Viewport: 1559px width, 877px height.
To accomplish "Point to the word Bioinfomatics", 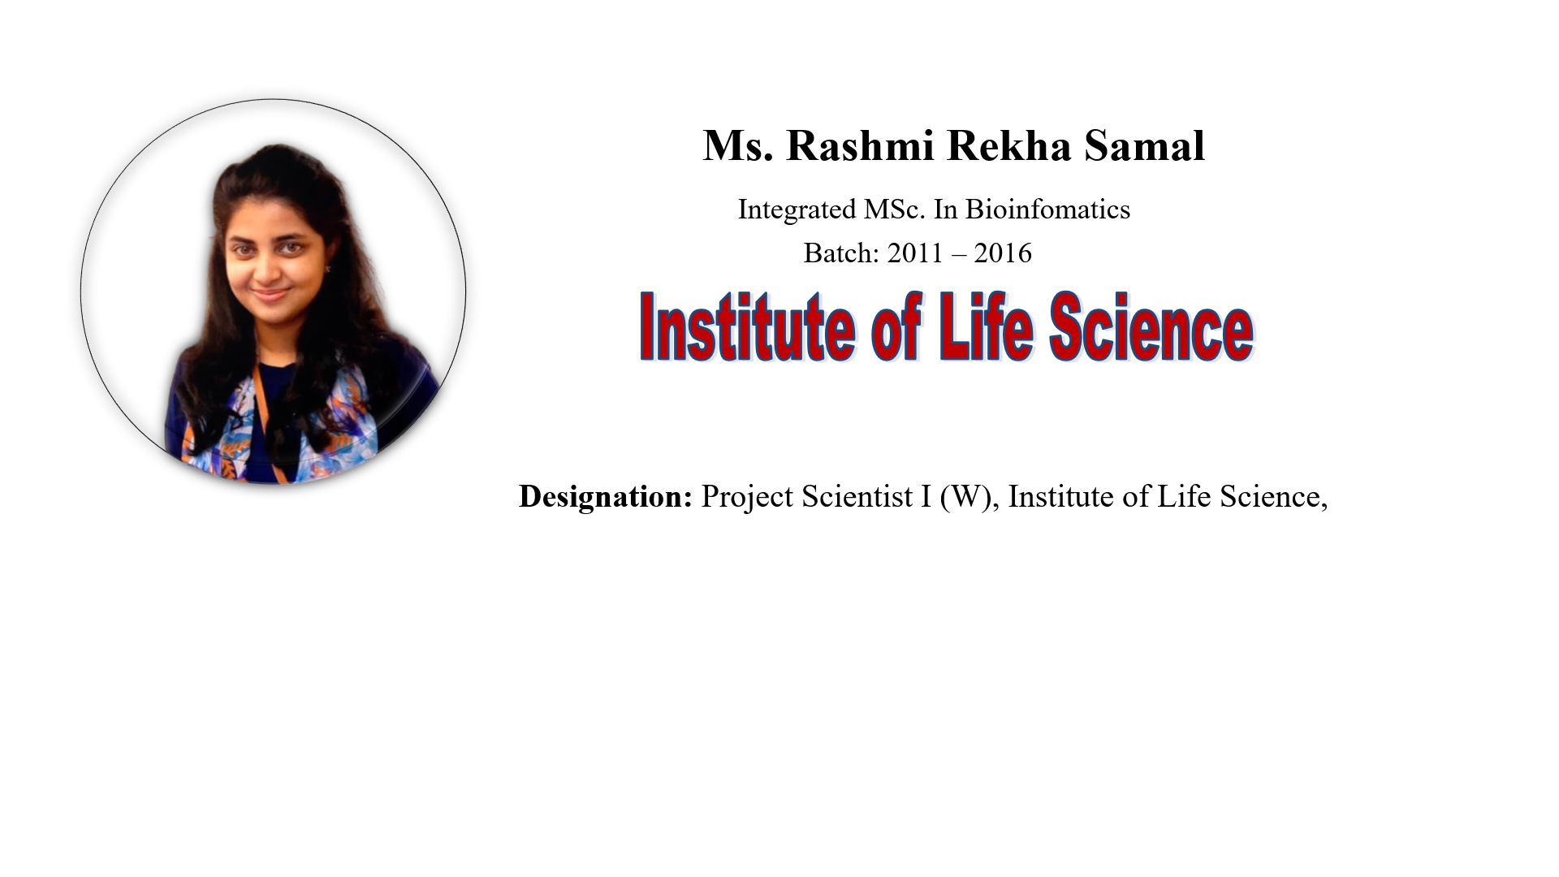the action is point(1047,210).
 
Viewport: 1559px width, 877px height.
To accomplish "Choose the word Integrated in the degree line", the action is point(797,210).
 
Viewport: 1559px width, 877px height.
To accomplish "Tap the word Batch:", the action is point(842,253).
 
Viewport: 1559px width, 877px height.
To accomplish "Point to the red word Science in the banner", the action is point(1151,326).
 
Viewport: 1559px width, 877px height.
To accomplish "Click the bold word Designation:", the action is point(606,497).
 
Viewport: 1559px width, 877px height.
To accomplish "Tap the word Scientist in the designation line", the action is point(857,497).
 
